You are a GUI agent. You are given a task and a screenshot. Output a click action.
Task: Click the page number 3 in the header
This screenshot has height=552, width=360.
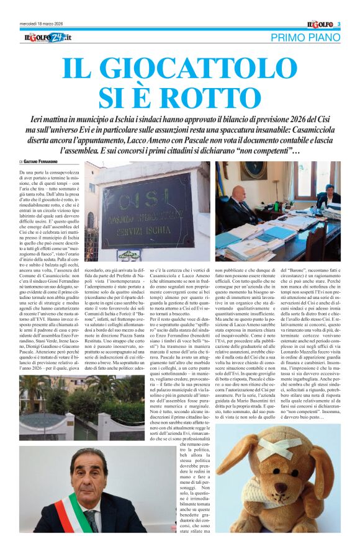(x=339, y=24)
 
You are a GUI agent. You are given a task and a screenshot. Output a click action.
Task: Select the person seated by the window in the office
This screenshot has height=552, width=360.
(x=328, y=196)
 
